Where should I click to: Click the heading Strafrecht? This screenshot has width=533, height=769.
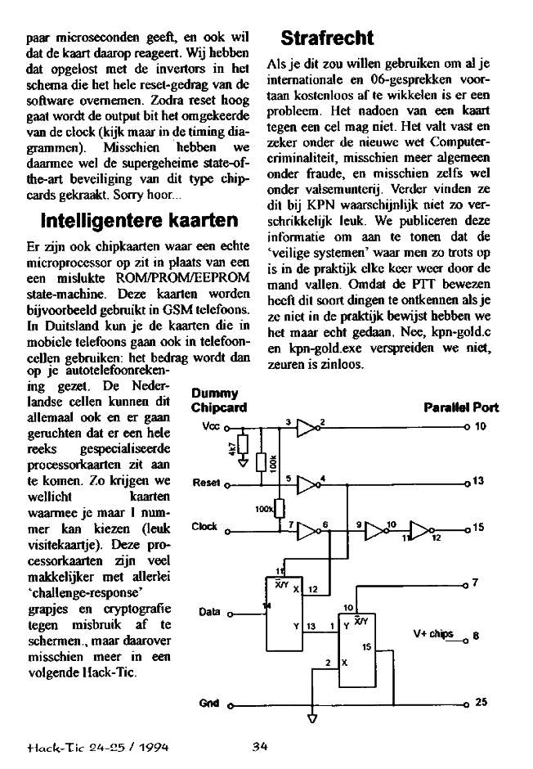tap(327, 38)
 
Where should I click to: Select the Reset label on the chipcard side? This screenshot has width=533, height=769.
tap(206, 482)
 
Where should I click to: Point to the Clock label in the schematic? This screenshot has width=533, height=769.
tap(204, 526)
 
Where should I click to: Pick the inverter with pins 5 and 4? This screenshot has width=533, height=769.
tap(307, 483)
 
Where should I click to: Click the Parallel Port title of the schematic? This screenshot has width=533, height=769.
tap(461, 407)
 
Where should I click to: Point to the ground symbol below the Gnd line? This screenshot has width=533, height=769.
tap(311, 720)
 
